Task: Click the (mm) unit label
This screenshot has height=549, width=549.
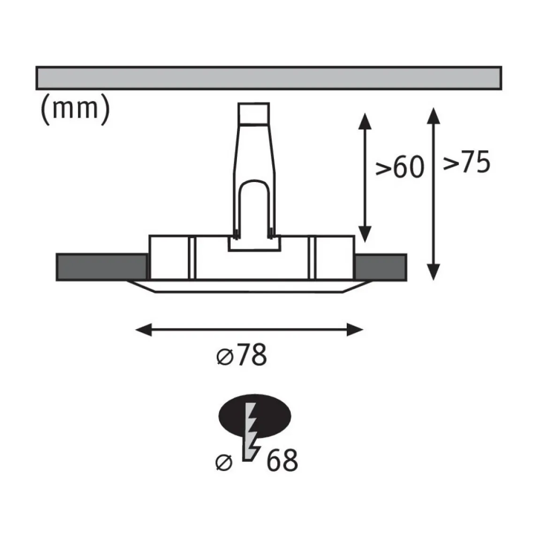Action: click(x=76, y=109)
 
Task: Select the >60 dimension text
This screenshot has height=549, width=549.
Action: click(x=400, y=168)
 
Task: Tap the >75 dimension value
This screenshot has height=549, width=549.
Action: click(x=466, y=162)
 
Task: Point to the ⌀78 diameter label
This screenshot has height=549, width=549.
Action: click(x=242, y=355)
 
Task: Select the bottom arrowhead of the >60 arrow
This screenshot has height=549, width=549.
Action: click(x=365, y=234)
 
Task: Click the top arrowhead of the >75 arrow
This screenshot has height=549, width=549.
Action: click(x=434, y=116)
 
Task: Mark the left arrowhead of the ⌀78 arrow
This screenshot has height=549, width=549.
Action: click(x=144, y=329)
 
